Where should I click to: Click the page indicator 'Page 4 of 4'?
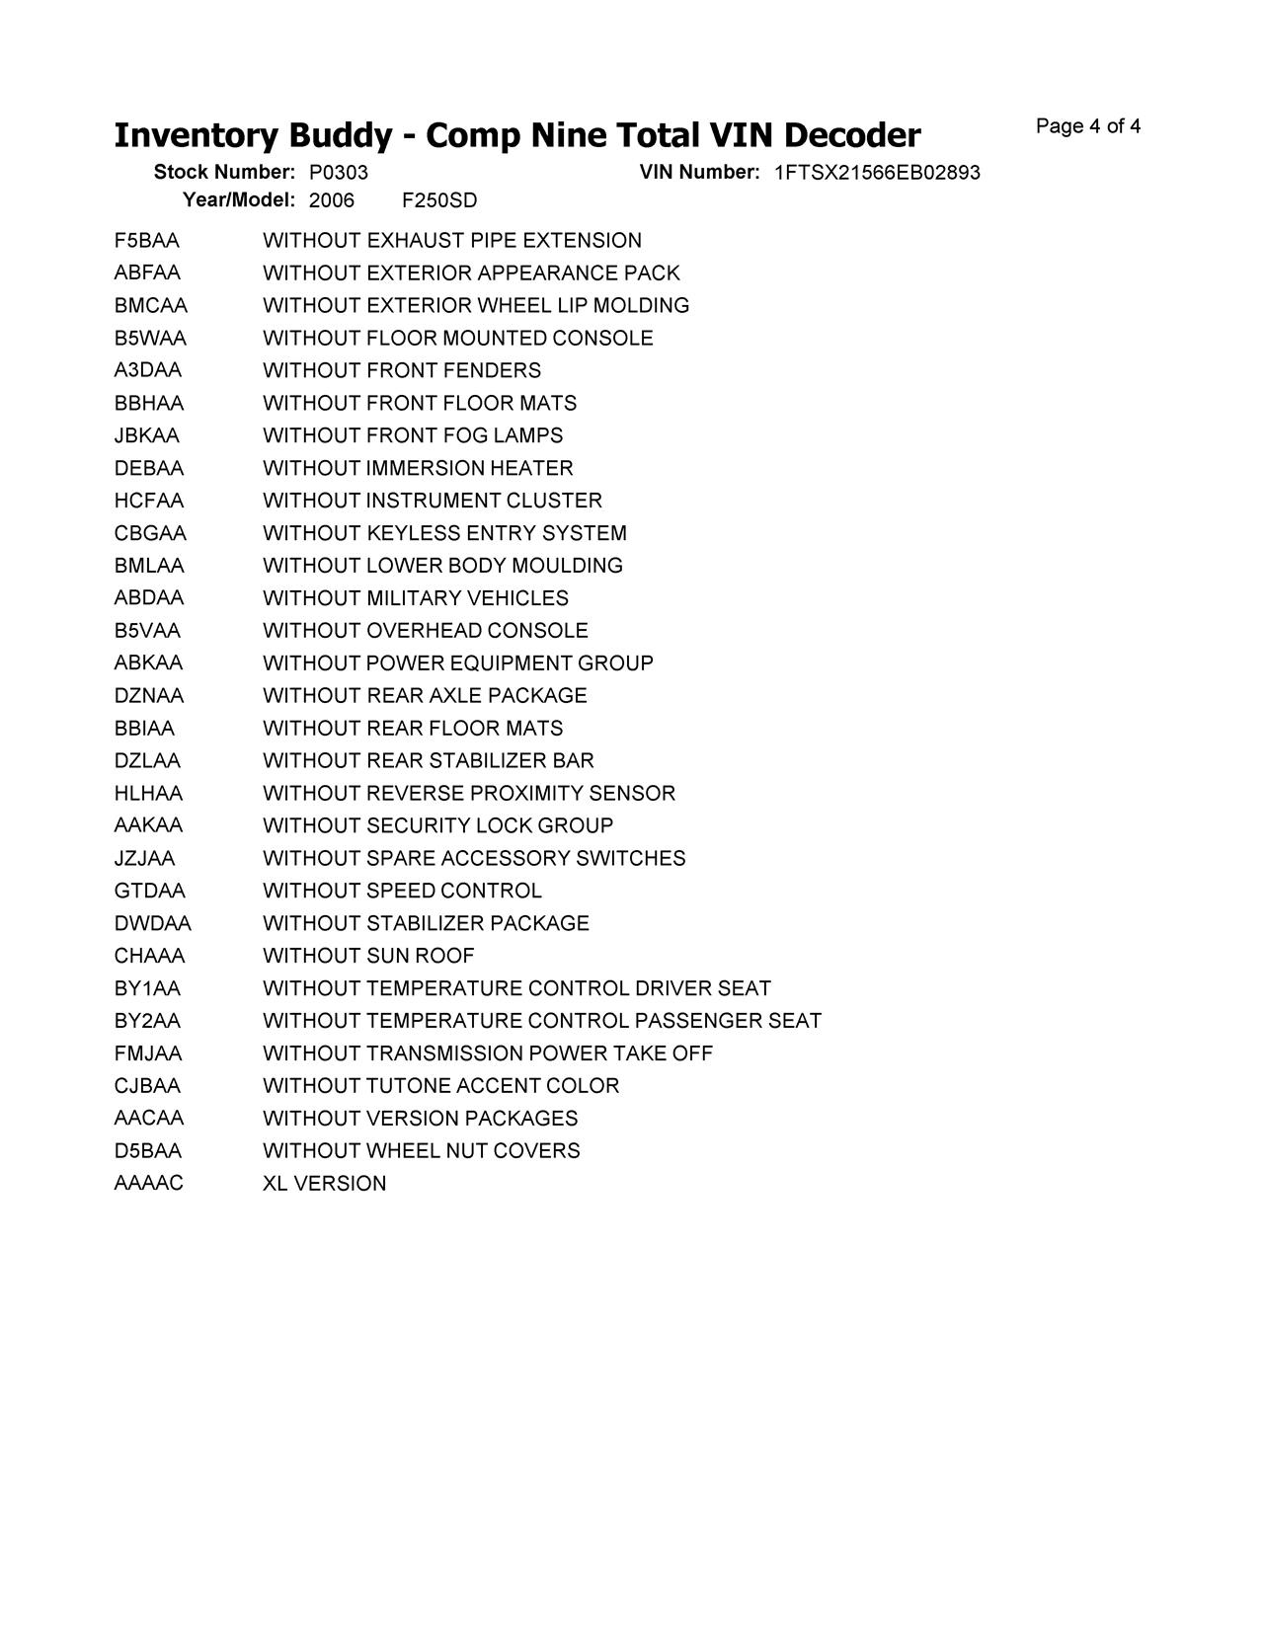[1087, 126]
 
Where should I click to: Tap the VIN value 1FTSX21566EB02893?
[877, 173]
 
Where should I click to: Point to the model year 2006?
[331, 200]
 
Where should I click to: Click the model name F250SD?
[439, 200]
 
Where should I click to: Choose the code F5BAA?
[146, 241]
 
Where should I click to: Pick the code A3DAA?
[147, 370]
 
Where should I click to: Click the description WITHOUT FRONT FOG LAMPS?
[413, 435]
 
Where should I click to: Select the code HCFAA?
[148, 501]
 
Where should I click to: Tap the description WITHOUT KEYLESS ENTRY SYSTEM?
[444, 533]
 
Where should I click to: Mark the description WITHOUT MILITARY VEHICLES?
[416, 598]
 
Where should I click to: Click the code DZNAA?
[148, 696]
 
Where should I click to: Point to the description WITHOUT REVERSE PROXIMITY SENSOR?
[469, 794]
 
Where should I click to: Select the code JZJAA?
[144, 859]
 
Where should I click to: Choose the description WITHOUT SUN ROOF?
[368, 956]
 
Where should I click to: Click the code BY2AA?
[147, 1021]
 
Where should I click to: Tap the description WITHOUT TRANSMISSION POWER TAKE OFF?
[488, 1053]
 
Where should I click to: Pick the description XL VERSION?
[324, 1184]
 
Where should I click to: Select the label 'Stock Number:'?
[224, 173]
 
